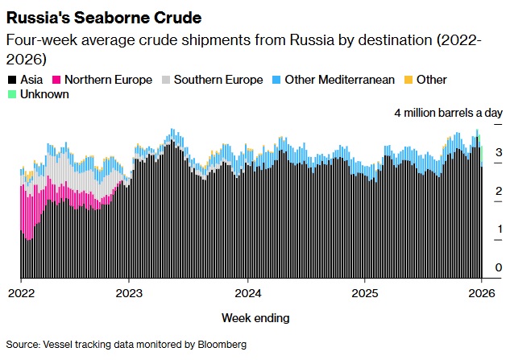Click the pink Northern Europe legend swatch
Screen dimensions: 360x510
pyautogui.click(x=57, y=80)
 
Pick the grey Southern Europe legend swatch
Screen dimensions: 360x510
pyautogui.click(x=166, y=80)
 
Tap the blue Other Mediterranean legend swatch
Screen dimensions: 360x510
pyautogui.click(x=276, y=80)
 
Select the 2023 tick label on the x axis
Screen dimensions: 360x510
pyautogui.click(x=130, y=293)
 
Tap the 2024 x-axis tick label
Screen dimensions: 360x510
pyautogui.click(x=247, y=293)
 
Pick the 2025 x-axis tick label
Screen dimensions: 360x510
pyautogui.click(x=365, y=293)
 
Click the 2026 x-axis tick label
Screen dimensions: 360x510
pyautogui.click(x=482, y=293)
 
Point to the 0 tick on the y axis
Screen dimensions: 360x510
pyautogui.click(x=499, y=268)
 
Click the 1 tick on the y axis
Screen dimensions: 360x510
pyautogui.click(x=499, y=229)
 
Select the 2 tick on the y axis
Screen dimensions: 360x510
pyautogui.click(x=499, y=190)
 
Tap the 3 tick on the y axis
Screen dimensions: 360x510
pyautogui.click(x=499, y=151)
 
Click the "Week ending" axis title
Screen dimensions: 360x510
pyautogui.click(x=255, y=317)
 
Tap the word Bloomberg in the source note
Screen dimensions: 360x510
pyautogui.click(x=219, y=344)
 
